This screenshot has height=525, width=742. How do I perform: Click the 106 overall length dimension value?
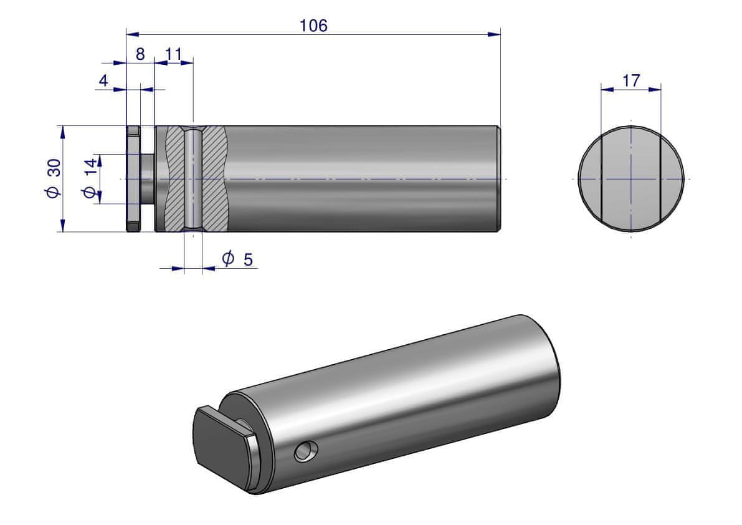click(x=313, y=26)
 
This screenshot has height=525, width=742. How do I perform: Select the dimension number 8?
click(x=140, y=54)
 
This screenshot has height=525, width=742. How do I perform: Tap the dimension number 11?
click(x=174, y=54)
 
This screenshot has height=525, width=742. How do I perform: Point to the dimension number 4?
click(x=103, y=81)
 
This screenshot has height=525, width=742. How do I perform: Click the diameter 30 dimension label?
click(x=54, y=179)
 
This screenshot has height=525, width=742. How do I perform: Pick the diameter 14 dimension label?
click(x=90, y=179)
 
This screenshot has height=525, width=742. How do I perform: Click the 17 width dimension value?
click(x=630, y=80)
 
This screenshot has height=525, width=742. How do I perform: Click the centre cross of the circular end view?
click(x=631, y=179)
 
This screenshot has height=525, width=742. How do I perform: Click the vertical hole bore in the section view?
click(x=193, y=179)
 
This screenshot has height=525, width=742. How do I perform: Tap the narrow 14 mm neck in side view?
click(x=147, y=179)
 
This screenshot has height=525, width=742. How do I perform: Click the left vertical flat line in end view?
click(x=602, y=179)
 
